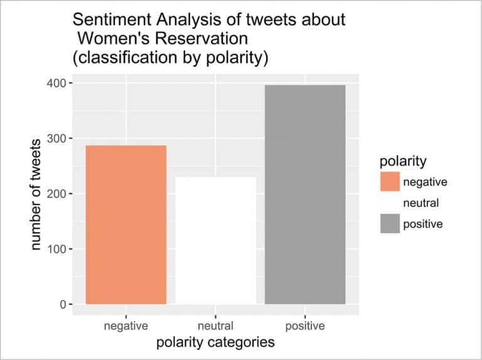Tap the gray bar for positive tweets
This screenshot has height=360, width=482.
305,194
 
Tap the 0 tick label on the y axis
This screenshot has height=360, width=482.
61,304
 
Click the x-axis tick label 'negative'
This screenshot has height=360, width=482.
126,326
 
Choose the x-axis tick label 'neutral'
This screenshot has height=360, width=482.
215,326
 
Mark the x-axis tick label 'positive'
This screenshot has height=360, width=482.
305,326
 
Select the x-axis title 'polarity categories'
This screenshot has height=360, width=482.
215,342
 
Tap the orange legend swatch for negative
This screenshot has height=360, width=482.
390,182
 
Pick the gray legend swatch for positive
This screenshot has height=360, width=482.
390,224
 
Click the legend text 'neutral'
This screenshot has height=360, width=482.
420,203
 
